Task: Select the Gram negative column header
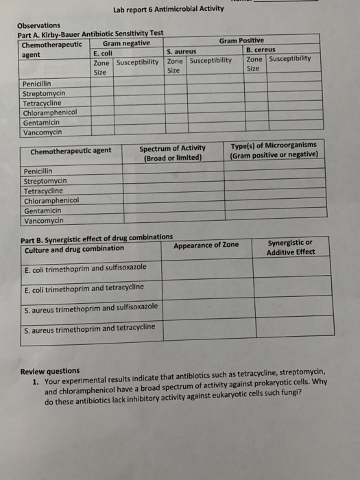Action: (126, 43)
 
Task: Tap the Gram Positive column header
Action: (241, 41)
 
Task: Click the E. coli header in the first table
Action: (103, 52)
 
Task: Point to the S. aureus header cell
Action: (182, 51)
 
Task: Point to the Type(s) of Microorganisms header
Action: (274, 149)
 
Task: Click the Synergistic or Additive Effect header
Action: (291, 247)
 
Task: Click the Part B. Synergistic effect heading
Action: (97, 237)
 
